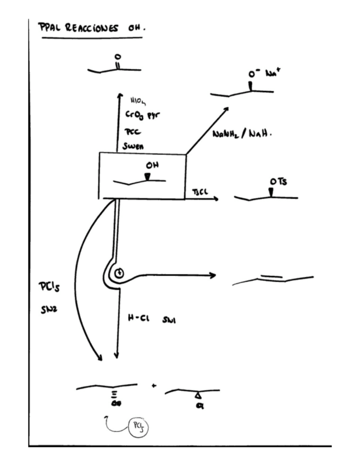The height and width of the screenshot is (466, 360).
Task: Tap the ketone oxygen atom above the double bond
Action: (x=117, y=56)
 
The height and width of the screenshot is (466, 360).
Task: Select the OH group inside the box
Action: (x=152, y=165)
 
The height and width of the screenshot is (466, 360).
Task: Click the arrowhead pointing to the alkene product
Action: (x=212, y=274)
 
